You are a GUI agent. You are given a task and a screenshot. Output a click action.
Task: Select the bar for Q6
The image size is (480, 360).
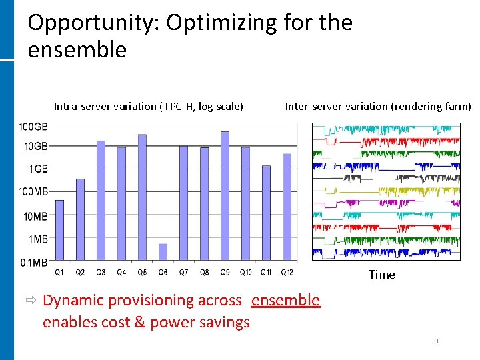point(163,252)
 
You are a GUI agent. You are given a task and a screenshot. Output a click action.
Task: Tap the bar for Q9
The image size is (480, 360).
point(225,195)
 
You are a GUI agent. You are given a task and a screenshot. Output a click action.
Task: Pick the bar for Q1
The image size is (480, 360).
point(59,230)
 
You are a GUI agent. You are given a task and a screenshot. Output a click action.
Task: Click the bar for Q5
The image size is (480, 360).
point(142,197)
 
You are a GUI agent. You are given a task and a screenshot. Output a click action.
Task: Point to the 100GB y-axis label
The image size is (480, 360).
point(33,127)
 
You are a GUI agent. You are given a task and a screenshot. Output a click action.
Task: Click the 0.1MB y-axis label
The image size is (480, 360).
point(33,262)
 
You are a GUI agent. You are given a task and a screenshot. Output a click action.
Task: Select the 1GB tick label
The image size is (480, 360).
point(37,169)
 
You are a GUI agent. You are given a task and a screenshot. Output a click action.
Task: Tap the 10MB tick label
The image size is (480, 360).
point(35,216)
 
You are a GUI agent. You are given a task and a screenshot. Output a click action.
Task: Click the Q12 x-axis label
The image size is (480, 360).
point(287,272)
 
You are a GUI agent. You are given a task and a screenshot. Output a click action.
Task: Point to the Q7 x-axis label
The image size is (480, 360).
point(183,272)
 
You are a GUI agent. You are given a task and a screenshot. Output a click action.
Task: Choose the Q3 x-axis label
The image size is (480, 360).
point(101,272)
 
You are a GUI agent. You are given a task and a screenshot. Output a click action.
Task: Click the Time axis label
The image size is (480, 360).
point(381,275)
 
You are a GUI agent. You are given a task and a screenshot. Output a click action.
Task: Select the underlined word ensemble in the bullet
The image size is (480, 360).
point(285,300)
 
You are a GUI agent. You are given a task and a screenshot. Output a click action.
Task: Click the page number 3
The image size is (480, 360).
point(437,341)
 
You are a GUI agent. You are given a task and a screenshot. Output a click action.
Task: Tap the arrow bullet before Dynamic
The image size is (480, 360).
point(31,300)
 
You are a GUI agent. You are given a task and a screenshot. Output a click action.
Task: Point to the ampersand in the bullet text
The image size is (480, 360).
point(139,323)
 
